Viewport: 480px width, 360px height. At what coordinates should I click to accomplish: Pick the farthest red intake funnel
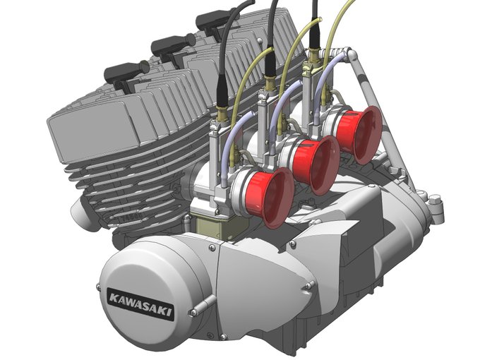[x=359, y=135]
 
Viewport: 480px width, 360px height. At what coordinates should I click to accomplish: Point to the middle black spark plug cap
[x=172, y=46]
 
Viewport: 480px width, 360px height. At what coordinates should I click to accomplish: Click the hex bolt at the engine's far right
[x=434, y=203]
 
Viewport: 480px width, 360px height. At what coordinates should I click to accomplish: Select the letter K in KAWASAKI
[x=113, y=298]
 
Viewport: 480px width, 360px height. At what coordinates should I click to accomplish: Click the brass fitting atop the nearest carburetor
[x=221, y=114]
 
